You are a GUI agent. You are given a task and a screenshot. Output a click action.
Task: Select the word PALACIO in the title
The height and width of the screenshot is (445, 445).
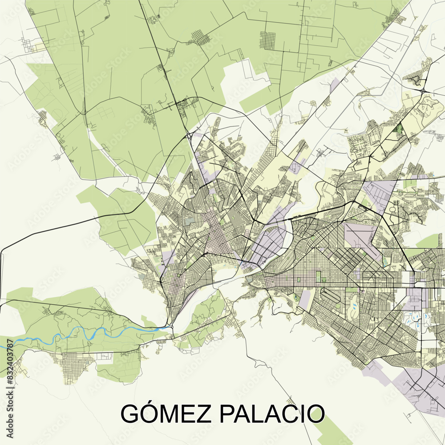pos(271,414)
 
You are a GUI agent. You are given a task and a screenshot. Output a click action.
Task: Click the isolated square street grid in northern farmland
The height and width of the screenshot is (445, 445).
pos(267,40)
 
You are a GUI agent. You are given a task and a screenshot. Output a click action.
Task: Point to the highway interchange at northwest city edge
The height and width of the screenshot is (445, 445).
pos(190,136)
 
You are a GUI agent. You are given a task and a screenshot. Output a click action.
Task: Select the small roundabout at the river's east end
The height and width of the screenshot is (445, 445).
pos(171,328)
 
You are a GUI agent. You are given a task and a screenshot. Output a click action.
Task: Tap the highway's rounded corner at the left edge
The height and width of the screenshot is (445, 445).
pos(3,253)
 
